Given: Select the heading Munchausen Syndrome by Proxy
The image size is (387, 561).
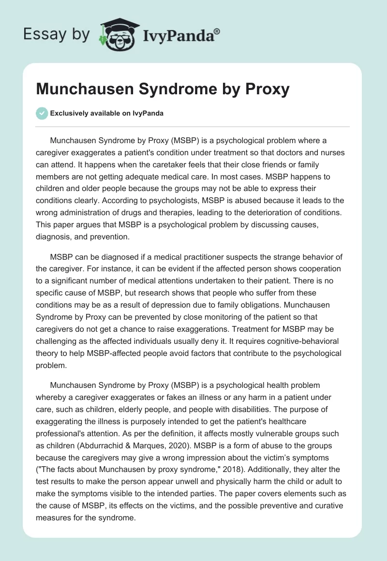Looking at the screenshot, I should (163, 89).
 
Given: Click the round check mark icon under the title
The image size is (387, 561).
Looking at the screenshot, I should (42, 113).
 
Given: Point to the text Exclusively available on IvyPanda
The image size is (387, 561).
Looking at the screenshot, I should (107, 113).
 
